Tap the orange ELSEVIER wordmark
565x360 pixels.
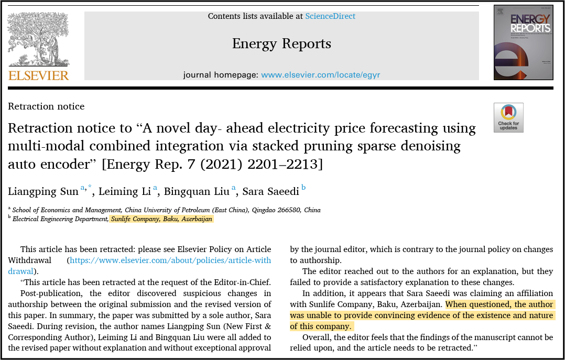click(x=38, y=75)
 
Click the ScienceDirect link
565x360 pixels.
click(x=330, y=16)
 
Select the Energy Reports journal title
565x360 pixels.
click(x=281, y=43)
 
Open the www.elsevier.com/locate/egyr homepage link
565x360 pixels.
click(x=320, y=75)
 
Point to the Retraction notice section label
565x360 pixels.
click(x=46, y=106)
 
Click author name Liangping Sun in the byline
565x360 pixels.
click(x=44, y=191)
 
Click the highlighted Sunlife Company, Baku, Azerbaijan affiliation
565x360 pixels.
click(x=161, y=219)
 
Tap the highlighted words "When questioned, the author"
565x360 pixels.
click(x=499, y=304)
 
